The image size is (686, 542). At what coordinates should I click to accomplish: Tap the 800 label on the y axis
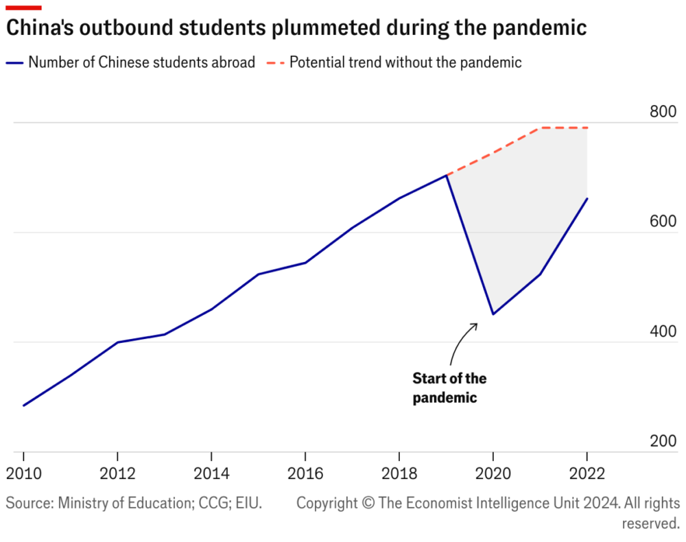click(x=663, y=112)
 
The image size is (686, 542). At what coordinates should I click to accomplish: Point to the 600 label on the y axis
click(x=663, y=222)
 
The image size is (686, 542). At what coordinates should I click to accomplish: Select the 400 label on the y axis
click(x=663, y=331)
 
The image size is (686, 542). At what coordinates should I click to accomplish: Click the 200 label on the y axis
click(x=663, y=441)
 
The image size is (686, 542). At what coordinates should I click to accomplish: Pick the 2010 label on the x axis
click(x=23, y=473)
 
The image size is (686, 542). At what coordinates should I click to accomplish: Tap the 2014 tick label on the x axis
click(x=211, y=473)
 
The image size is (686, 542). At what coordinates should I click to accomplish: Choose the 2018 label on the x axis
click(x=399, y=473)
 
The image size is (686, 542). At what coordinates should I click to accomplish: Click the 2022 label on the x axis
click(x=587, y=473)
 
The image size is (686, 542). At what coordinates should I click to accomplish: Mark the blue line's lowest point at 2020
click(x=493, y=314)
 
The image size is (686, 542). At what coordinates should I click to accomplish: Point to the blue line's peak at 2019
click(x=447, y=175)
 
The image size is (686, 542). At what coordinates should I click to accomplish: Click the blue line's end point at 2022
click(x=587, y=198)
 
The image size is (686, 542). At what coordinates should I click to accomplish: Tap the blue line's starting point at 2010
click(x=23, y=405)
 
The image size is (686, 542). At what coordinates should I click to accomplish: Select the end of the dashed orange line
click(x=587, y=128)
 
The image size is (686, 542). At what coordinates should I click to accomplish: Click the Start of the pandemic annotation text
click(x=449, y=388)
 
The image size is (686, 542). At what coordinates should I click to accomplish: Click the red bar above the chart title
click(x=23, y=8)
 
